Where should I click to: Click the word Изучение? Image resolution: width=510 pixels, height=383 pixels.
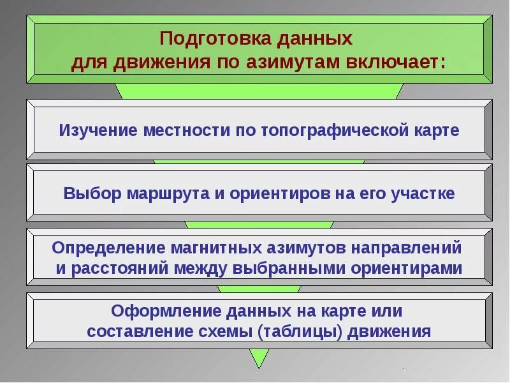click(98, 130)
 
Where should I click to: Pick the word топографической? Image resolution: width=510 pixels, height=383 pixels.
click(335, 130)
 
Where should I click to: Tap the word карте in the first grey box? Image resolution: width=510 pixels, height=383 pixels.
click(438, 130)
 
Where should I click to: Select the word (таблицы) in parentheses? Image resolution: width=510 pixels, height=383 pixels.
click(325, 332)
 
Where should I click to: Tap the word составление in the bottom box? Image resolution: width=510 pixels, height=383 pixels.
click(150, 332)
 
